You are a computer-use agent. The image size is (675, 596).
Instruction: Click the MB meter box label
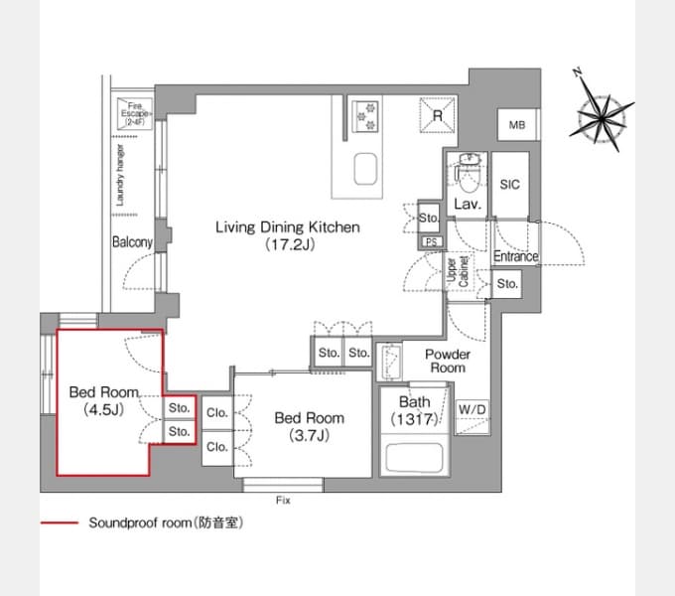coord(517,125)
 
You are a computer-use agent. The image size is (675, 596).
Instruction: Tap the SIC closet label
coord(509,185)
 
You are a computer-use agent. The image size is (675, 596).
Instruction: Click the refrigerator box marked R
coord(438,114)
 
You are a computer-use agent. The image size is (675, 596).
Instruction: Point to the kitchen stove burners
coord(365,116)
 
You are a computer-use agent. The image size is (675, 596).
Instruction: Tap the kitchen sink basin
coord(366,169)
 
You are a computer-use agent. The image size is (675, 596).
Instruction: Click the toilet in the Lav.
coord(469,175)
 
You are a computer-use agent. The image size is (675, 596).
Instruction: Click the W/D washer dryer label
coord(472,409)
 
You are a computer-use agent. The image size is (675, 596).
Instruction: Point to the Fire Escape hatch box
coord(135,113)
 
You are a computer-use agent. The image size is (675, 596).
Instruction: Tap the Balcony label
coord(132,241)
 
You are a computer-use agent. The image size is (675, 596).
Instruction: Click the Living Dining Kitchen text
coord(288,226)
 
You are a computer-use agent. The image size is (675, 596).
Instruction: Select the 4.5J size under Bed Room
coord(104,409)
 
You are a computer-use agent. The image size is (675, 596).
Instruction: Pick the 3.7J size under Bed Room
coord(309,435)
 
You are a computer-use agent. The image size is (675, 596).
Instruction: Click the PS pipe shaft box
coord(432,242)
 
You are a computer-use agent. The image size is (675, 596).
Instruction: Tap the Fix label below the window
coord(283,500)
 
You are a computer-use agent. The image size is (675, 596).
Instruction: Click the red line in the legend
coord(60,522)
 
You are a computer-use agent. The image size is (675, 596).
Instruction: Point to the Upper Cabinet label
coord(458,271)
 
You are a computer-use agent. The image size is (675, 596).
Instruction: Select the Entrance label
coord(516,256)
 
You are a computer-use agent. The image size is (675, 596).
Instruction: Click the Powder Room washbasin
coord(390,361)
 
